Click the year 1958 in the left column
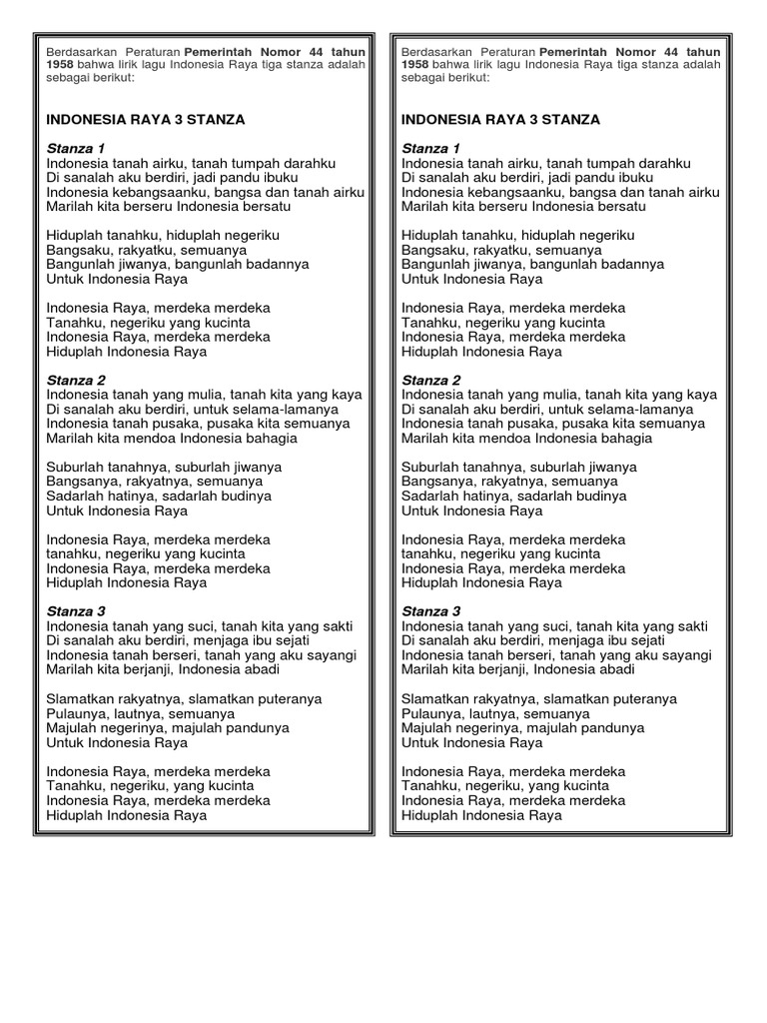[61, 65]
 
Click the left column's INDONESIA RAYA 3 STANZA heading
[145, 119]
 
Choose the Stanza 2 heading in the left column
[76, 380]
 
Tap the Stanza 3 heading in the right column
[430, 610]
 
